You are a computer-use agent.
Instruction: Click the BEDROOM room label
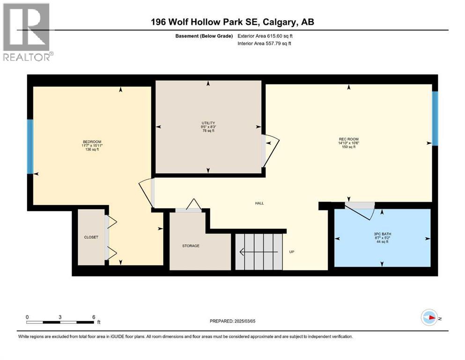tap(92, 142)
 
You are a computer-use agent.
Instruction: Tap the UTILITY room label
tap(208, 123)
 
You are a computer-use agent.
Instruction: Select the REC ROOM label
tap(349, 139)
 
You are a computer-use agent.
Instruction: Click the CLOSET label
tap(91, 237)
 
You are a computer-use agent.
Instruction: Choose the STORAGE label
tap(191, 246)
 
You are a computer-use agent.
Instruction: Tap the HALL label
tap(259, 203)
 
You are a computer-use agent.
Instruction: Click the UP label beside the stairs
tap(292, 252)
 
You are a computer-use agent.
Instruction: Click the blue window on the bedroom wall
tap(30, 146)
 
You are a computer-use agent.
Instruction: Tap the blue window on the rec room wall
tap(435, 118)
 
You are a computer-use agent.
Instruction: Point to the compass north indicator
tap(429, 318)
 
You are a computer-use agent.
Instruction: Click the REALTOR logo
tap(27, 32)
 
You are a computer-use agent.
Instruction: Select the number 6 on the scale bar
tap(94, 316)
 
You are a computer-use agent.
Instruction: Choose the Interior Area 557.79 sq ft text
tap(266, 44)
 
